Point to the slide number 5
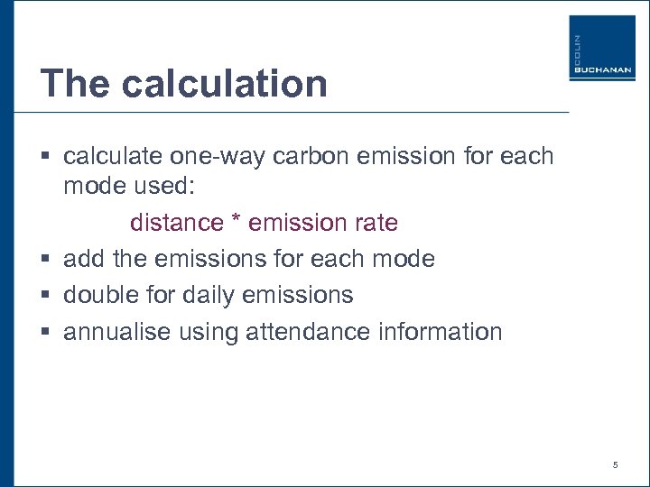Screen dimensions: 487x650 click(x=615, y=465)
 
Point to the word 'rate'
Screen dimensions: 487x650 click(x=373, y=222)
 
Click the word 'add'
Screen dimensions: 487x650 click(x=83, y=259)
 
